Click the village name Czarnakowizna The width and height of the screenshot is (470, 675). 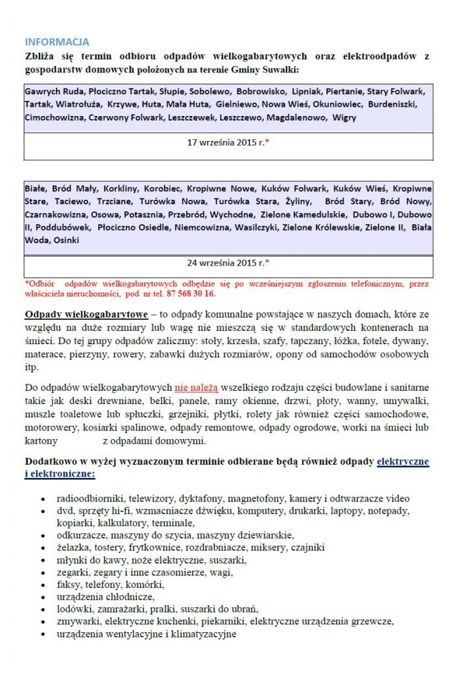pos(55,215)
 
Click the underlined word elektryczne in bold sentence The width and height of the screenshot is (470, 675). pos(403,461)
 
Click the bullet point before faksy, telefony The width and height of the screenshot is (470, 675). pos(42,585)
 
